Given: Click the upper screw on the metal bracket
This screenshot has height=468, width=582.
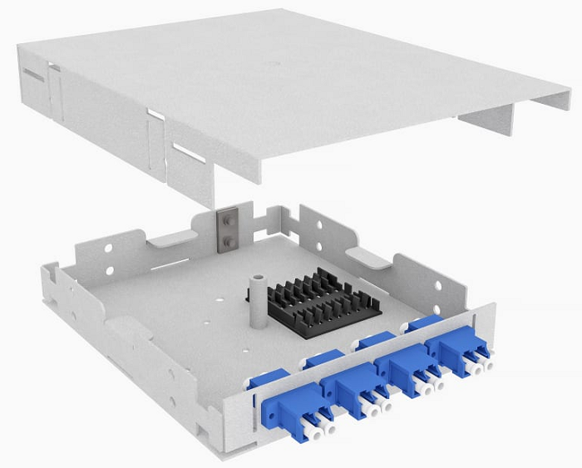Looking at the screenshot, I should pos(224,220).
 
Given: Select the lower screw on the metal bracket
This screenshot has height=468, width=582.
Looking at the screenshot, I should pos(224,241).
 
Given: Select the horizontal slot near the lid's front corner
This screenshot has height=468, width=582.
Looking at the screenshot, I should pos(186,153).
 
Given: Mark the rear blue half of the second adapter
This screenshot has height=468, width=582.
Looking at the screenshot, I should pos(324,360).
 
